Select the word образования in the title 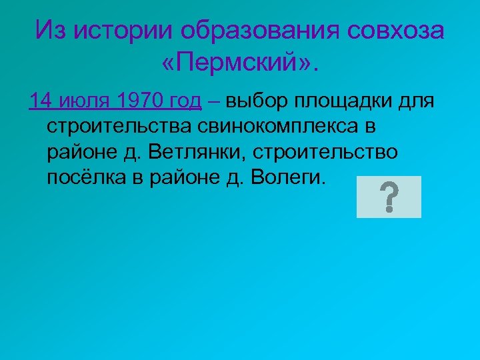click(267, 29)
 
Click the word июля click(85, 101)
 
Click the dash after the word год click(213, 101)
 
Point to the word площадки click(337, 101)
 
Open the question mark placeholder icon click(389, 197)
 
